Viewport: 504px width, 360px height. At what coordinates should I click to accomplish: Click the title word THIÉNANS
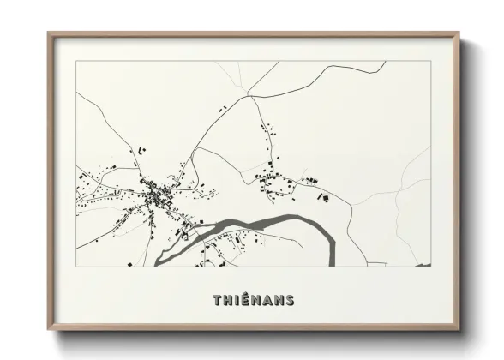(x=253, y=300)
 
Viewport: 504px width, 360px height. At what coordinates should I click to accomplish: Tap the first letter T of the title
(x=216, y=300)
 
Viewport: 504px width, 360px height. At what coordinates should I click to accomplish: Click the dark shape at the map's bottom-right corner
(x=422, y=264)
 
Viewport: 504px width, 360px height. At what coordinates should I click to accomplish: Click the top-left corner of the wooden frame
(x=49, y=34)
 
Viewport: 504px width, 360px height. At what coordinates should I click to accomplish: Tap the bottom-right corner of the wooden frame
(x=459, y=330)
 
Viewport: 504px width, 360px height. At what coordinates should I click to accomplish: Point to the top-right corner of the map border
(x=430, y=61)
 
